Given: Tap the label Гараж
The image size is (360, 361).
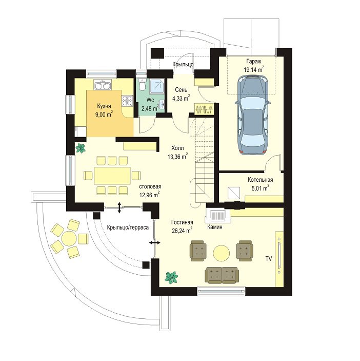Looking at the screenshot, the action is pyautogui.click(x=254, y=62).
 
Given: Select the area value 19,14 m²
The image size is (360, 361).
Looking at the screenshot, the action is pyautogui.click(x=253, y=69).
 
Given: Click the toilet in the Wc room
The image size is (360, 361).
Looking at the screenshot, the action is pyautogui.click(x=143, y=85).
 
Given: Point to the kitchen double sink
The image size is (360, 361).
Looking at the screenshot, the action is pyautogui.click(x=102, y=85).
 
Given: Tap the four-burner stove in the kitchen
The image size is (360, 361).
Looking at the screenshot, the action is pyautogui.click(x=127, y=101).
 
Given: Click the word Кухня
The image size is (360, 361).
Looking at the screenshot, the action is pyautogui.click(x=104, y=106).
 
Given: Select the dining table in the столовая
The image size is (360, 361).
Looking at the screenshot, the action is pyautogui.click(x=112, y=176).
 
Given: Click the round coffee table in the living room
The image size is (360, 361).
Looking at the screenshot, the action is pyautogui.click(x=222, y=253).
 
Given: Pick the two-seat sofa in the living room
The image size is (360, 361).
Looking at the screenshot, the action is pyautogui.click(x=222, y=275).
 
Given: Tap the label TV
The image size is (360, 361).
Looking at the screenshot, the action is pyautogui.click(x=269, y=259).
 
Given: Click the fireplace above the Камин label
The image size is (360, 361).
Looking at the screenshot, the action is pyautogui.click(x=217, y=216).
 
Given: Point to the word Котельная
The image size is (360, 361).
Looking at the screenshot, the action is pyautogui.click(x=260, y=180).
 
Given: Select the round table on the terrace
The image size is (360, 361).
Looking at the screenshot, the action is pyautogui.click(x=69, y=238).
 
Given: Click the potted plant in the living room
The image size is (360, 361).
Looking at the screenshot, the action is pyautogui.click(x=171, y=277).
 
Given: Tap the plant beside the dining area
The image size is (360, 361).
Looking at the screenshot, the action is pyautogui.click(x=81, y=148).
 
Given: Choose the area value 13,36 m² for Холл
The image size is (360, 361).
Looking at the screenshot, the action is pyautogui.click(x=177, y=157).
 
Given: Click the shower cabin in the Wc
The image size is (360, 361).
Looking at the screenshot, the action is pyautogui.click(x=157, y=87).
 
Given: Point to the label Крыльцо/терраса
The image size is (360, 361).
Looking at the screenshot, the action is pyautogui.click(x=128, y=227).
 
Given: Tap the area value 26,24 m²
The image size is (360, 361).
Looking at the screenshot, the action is pyautogui.click(x=182, y=230).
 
